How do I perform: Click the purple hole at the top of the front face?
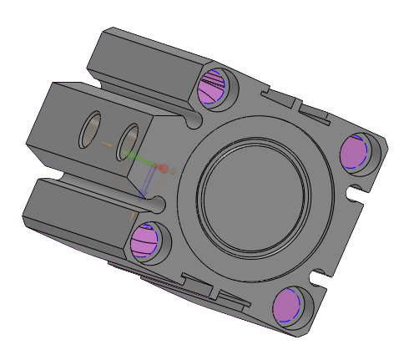tap(212, 87)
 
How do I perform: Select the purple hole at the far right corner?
tap(356, 150)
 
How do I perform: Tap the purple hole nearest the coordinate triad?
tap(145, 241)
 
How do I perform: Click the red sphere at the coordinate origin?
tap(164, 169)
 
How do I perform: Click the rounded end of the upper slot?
tap(194, 121)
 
